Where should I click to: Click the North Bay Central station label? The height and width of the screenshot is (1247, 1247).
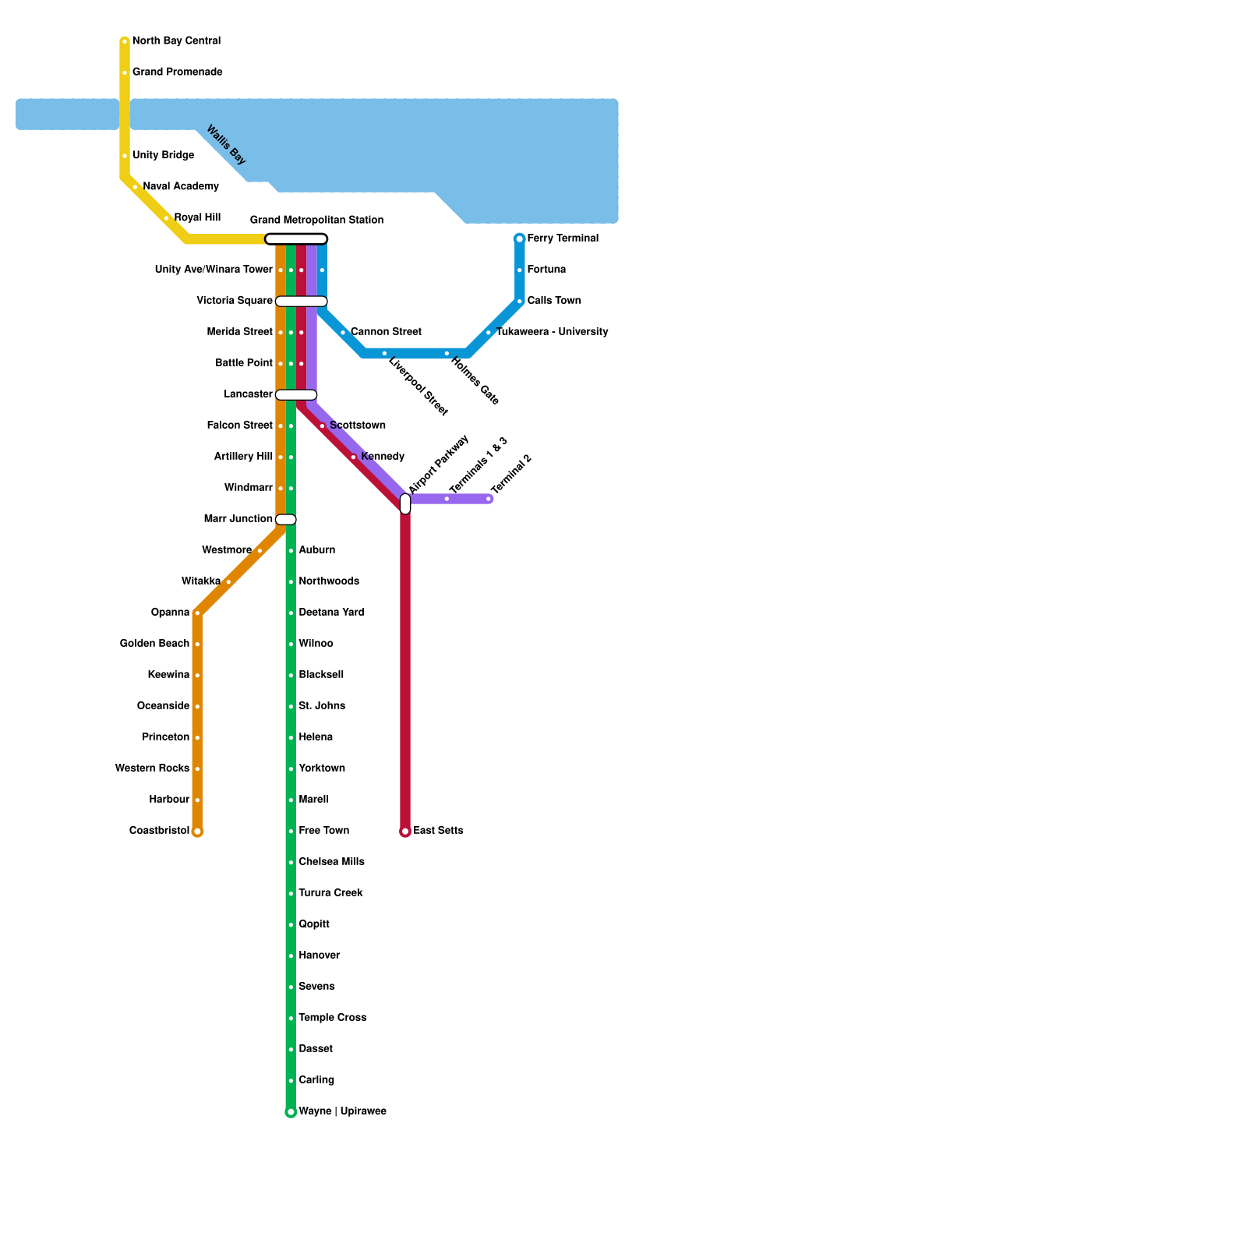176,41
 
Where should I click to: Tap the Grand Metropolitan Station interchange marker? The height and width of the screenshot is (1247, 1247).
296,239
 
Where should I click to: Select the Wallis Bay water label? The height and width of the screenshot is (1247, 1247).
226,145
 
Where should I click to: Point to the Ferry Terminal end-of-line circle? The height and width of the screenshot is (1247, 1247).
520,238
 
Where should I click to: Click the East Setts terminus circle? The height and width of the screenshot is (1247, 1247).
405,832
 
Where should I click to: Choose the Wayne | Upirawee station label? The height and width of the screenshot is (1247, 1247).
342,1111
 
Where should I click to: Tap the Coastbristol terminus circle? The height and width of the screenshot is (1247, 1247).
198,832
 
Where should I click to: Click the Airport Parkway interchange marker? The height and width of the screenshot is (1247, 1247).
405,504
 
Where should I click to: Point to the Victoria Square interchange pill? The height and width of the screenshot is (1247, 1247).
302,302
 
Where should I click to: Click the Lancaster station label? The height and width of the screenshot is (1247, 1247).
248,394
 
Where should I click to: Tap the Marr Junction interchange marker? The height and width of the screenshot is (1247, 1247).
286,520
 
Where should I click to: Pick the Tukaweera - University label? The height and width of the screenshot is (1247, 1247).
552,332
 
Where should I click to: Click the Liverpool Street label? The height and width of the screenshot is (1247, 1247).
418,387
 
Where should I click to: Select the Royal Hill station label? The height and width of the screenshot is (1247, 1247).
197,218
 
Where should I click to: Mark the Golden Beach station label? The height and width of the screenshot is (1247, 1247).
154,644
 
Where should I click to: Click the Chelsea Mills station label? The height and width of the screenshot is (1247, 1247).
331,862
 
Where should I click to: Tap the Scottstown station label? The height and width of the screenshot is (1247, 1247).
357,426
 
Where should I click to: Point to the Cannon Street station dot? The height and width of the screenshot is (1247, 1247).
343,333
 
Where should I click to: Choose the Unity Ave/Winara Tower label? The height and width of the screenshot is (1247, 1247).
214,270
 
